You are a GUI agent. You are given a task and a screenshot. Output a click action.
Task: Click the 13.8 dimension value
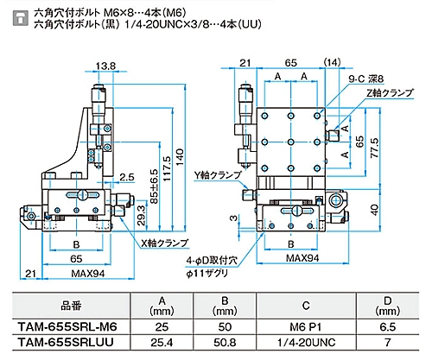coord(105,66)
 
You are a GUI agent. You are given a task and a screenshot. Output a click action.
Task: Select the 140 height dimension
coord(180,157)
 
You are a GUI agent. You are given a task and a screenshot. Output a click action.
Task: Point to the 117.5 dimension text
coord(167,168)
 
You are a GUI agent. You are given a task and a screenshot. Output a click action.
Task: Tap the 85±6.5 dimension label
coord(154,186)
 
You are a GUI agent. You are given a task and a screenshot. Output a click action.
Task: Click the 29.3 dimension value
coord(141,215)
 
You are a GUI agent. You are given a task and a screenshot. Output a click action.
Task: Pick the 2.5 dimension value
coord(127,177)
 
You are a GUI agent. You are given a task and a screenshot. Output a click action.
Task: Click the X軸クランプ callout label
coord(164,243)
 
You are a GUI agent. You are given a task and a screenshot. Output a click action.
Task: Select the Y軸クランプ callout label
coord(218,175)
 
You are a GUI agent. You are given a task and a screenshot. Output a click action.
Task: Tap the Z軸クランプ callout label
coord(390,92)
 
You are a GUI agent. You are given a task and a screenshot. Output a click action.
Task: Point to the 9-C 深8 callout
coord(366,79)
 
